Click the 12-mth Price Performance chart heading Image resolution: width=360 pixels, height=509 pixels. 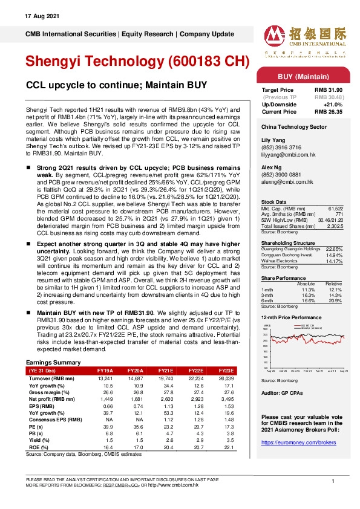[x=292, y=317]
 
